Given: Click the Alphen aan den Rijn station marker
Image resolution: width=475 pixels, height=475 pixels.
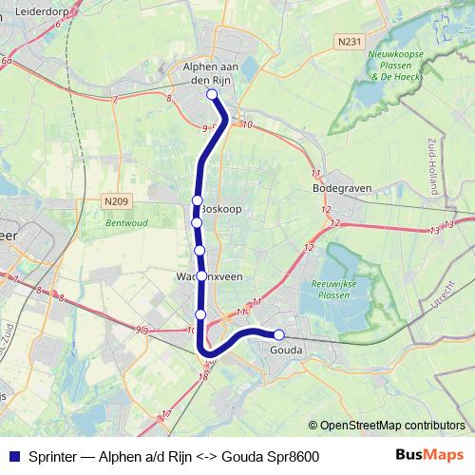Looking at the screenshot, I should click(212, 94).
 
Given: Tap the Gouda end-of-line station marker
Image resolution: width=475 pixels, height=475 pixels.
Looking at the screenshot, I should click(279, 334).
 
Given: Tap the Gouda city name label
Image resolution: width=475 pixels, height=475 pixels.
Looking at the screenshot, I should click(286, 351).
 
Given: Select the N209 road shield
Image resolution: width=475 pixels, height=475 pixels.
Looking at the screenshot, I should click(117, 201).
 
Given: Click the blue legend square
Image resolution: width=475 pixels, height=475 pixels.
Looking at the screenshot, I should click(13, 456).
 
